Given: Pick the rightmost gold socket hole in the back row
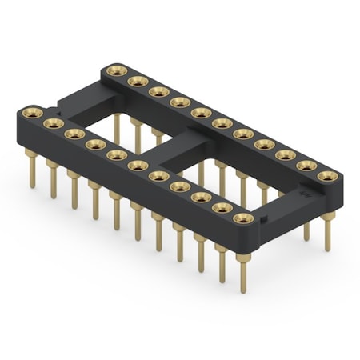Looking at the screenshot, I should pos(326,175).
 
